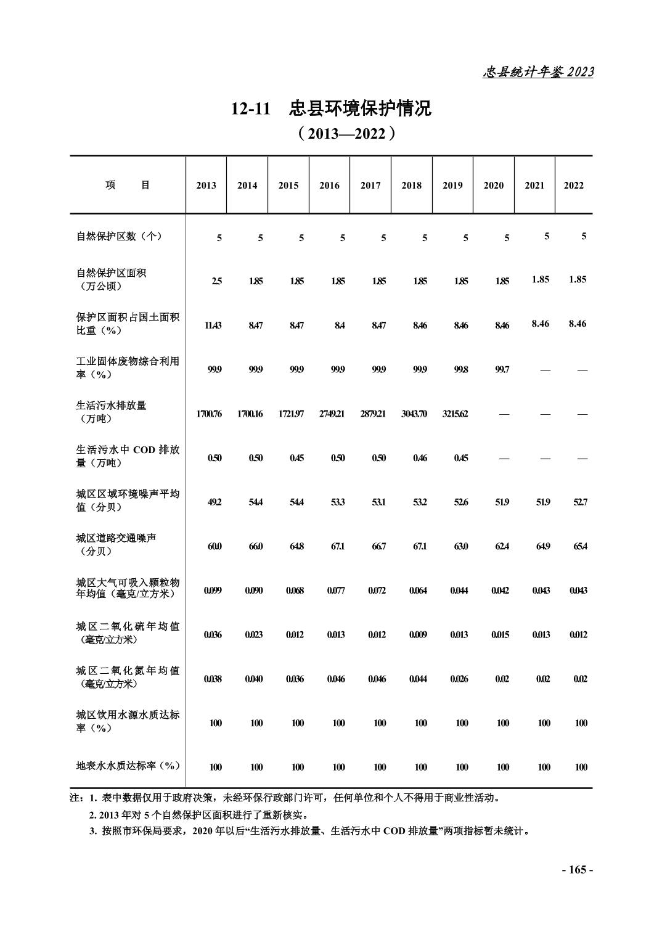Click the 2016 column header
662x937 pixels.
click(x=329, y=186)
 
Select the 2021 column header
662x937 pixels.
click(x=534, y=186)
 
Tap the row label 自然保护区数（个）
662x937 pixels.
click(x=119, y=236)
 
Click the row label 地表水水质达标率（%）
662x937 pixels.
click(x=128, y=766)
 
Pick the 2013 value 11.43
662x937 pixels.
click(x=213, y=325)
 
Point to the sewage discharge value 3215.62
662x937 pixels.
click(x=455, y=414)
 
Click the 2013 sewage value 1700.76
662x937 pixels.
click(x=209, y=414)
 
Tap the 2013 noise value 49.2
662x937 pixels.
click(x=215, y=502)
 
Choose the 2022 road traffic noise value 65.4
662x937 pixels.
click(x=579, y=546)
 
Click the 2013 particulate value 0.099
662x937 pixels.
click(x=213, y=591)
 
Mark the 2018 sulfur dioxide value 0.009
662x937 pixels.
click(x=418, y=635)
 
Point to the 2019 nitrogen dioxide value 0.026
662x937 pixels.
click(x=459, y=679)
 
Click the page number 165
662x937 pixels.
click(x=578, y=870)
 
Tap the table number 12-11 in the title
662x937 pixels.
click(x=251, y=109)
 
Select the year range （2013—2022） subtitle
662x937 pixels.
click(x=345, y=134)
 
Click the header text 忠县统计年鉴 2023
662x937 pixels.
click(x=537, y=72)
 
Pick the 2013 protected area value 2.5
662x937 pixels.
click(x=217, y=281)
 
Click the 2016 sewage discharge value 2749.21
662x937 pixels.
click(x=332, y=414)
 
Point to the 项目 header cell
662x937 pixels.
click(x=128, y=186)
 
